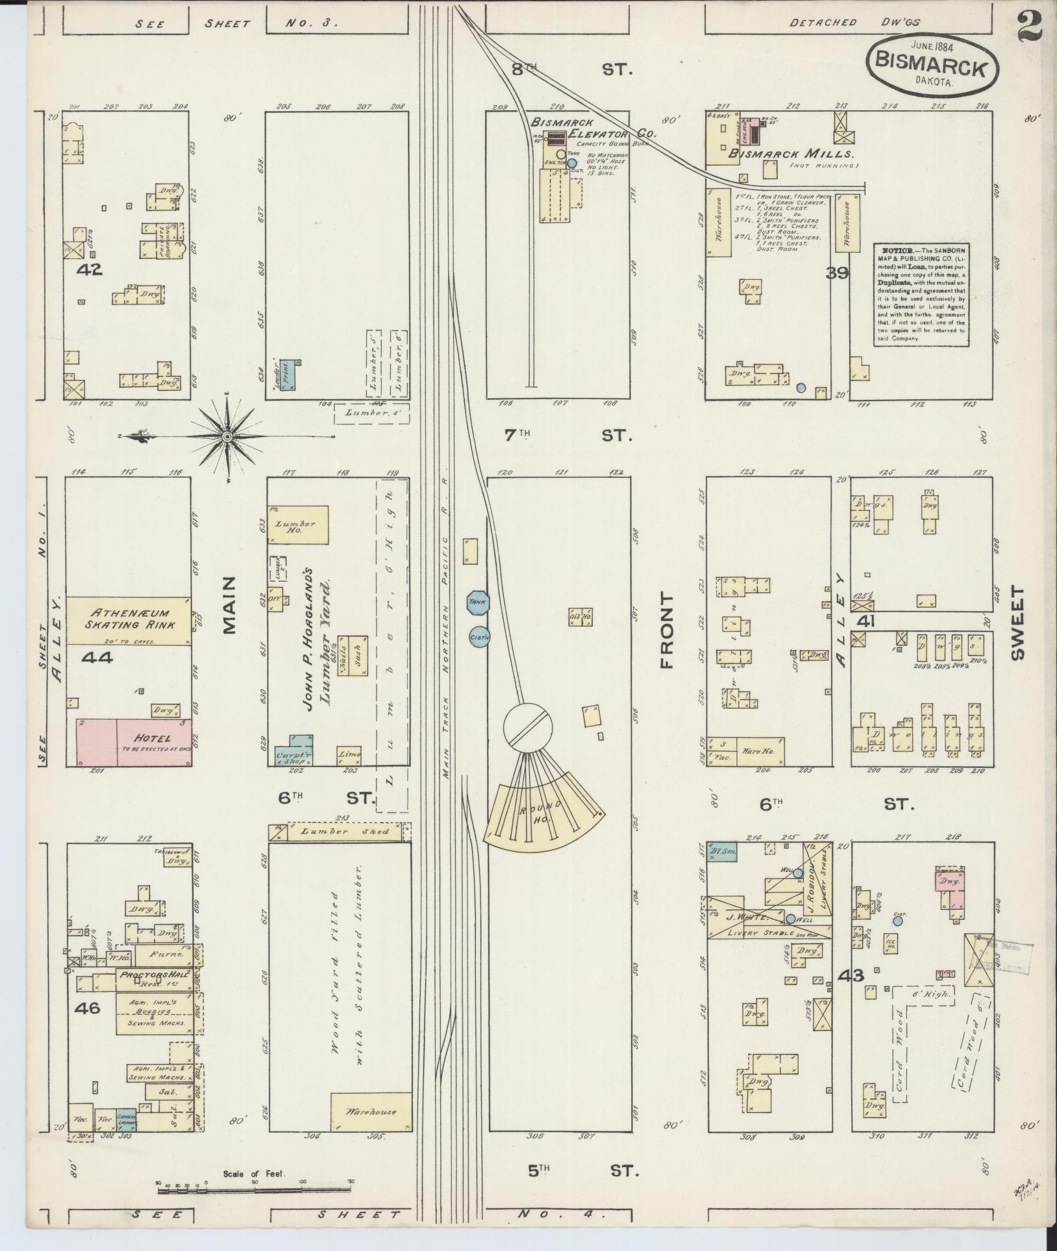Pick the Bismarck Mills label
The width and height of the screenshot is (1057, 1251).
790,154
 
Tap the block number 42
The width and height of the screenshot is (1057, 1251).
90,269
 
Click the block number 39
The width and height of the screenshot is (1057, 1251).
838,273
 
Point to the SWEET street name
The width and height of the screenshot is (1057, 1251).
1017,623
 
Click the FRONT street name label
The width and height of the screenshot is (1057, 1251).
667,630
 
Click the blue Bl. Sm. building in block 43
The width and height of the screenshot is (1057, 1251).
721,851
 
